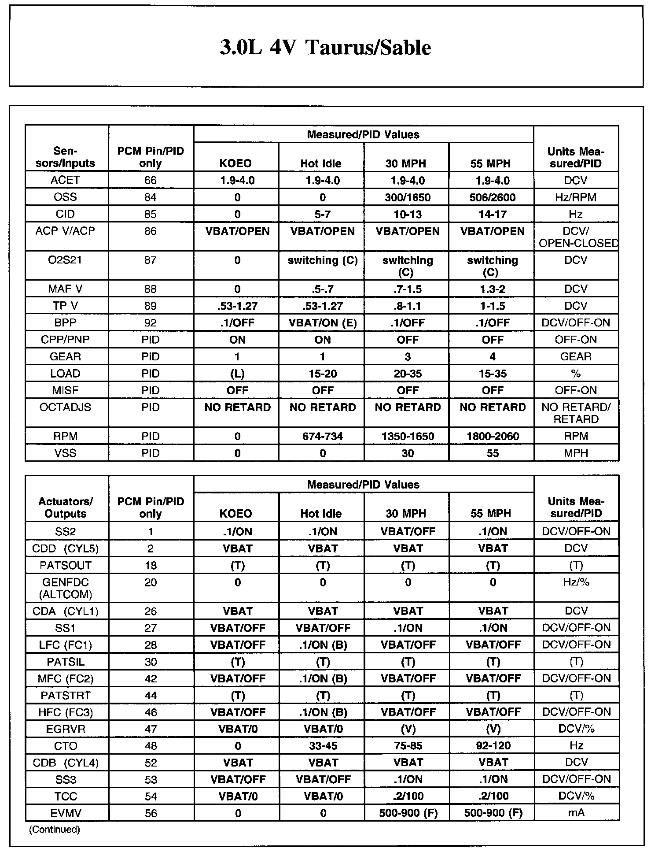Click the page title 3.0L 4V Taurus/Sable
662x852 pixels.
(325, 48)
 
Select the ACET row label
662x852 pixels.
(66, 180)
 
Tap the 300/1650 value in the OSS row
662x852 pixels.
(407, 197)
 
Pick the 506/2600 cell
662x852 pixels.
(492, 197)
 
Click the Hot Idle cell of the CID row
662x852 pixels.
(322, 215)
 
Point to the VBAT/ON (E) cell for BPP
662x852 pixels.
(322, 323)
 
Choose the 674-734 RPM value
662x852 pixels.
(322, 437)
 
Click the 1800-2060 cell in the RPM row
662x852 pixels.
(492, 437)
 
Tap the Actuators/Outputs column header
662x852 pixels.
(66, 507)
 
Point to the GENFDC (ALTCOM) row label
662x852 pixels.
(66, 588)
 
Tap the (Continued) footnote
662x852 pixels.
(54, 830)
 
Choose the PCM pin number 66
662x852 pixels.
(150, 180)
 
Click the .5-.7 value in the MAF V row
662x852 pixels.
(322, 289)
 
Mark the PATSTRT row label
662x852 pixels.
(66, 696)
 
